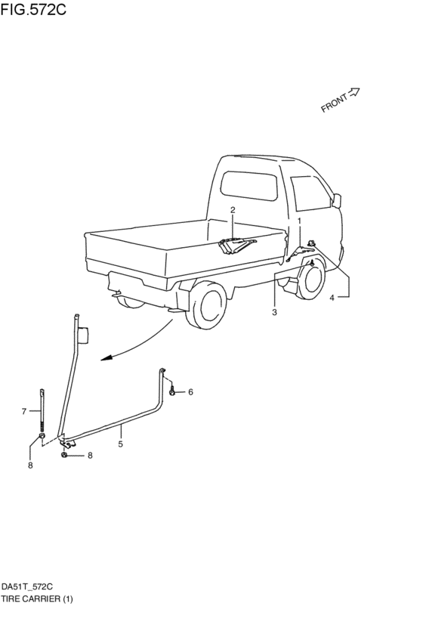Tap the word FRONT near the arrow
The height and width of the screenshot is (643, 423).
click(x=333, y=103)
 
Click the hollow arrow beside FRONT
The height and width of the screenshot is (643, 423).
click(x=354, y=91)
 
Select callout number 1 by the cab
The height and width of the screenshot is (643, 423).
click(x=299, y=220)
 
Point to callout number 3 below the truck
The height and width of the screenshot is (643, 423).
click(x=274, y=312)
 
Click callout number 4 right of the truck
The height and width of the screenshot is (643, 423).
click(x=331, y=298)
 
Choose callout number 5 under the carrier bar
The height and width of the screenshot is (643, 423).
click(x=120, y=445)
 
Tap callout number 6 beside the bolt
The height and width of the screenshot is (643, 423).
click(x=190, y=391)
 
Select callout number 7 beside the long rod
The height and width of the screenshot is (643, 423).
click(x=24, y=411)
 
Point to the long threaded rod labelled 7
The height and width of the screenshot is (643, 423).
click(x=42, y=412)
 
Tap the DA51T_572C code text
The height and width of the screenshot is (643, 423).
click(x=26, y=586)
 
